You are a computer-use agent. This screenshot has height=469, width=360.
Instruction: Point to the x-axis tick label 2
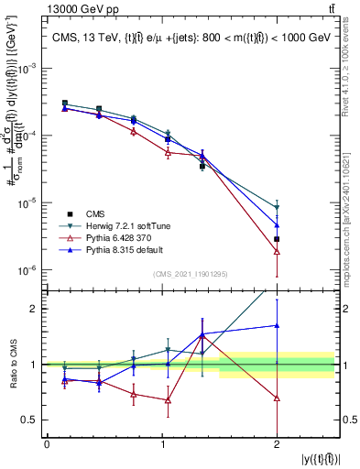click(277, 444)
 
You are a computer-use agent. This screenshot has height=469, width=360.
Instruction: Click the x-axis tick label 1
click(161, 444)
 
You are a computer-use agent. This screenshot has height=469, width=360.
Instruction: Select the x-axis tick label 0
click(47, 444)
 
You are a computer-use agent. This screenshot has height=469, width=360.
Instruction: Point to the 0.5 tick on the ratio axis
click(34, 420)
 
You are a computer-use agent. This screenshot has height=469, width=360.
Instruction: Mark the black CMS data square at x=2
click(277, 239)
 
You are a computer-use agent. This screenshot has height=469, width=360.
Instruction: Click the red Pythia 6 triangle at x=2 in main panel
click(277, 251)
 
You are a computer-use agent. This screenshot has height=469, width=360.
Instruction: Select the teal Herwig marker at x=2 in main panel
click(277, 208)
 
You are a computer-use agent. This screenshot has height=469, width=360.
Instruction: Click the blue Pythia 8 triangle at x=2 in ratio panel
click(277, 325)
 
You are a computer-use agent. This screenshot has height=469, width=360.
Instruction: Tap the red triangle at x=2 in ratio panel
click(277, 398)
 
